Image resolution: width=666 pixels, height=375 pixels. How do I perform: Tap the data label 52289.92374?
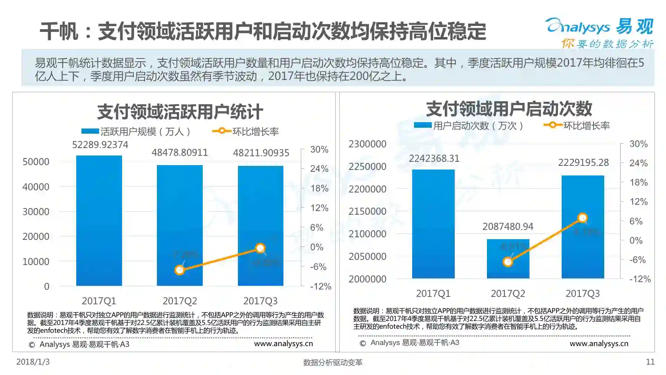pyautogui.click(x=100, y=145)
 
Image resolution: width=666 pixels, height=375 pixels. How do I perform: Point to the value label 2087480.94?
pyautogui.click(x=508, y=227)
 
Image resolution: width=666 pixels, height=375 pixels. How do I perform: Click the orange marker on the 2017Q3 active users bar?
pyautogui.click(x=260, y=248)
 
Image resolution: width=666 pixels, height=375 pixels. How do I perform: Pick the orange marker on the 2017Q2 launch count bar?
pyautogui.click(x=508, y=262)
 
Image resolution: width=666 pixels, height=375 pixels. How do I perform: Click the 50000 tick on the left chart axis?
pyautogui.click(x=36, y=162)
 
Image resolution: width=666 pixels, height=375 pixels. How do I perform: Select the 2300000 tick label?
pyautogui.click(x=367, y=144)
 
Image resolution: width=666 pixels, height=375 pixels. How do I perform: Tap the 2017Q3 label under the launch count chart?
pyautogui.click(x=582, y=294)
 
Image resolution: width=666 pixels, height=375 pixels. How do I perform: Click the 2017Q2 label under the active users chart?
pyautogui.click(x=180, y=301)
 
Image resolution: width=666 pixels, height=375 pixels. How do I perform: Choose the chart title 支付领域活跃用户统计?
pyautogui.click(x=180, y=112)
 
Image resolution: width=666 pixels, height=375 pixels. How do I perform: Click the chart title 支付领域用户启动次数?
pyautogui.click(x=509, y=109)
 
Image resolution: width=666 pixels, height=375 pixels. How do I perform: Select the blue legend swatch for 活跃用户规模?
pyautogui.click(x=90, y=131)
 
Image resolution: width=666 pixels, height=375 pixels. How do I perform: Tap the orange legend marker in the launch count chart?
pyautogui.click(x=552, y=125)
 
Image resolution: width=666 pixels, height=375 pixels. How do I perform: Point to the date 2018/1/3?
pyautogui.click(x=33, y=362)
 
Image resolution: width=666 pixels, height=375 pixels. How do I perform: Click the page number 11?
pyautogui.click(x=650, y=362)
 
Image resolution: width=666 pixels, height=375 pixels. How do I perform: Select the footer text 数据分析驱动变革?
pyautogui.click(x=333, y=362)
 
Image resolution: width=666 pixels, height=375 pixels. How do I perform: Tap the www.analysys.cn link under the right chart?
pyautogui.click(x=599, y=344)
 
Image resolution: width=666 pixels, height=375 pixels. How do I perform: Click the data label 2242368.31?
pyautogui.click(x=434, y=158)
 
